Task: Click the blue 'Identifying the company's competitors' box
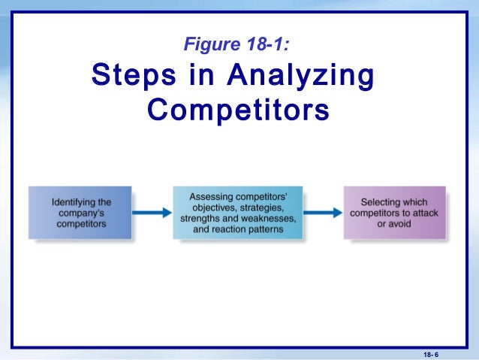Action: pos(80,213)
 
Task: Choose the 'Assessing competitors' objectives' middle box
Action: pos(237,213)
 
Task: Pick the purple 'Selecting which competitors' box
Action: pos(393,213)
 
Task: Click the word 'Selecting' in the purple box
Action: pos(382,202)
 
